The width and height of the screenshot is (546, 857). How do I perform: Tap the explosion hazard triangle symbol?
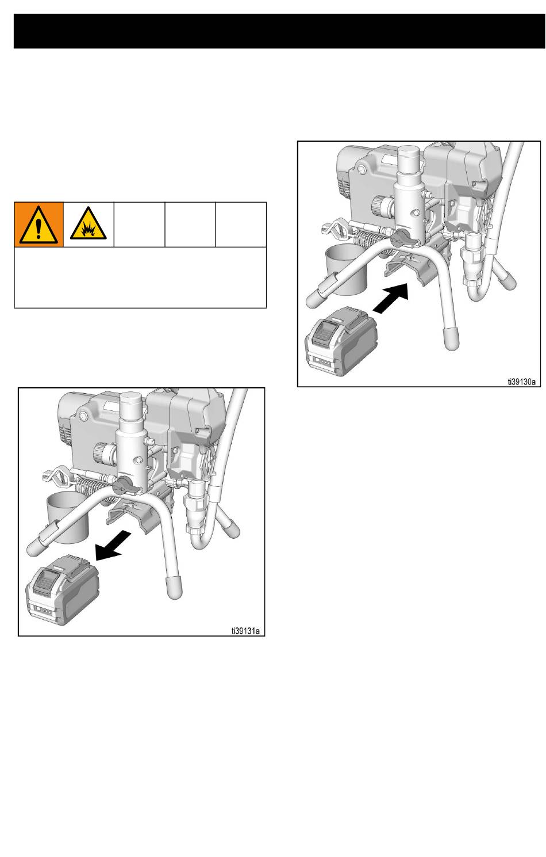(89, 223)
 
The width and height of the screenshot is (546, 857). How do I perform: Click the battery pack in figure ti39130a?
(341, 341)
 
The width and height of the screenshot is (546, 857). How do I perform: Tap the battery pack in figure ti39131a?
(62, 589)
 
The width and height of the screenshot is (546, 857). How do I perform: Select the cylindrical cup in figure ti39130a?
(346, 270)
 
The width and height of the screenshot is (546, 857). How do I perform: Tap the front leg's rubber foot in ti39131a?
(174, 586)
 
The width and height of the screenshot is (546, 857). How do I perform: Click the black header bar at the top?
(279, 32)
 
